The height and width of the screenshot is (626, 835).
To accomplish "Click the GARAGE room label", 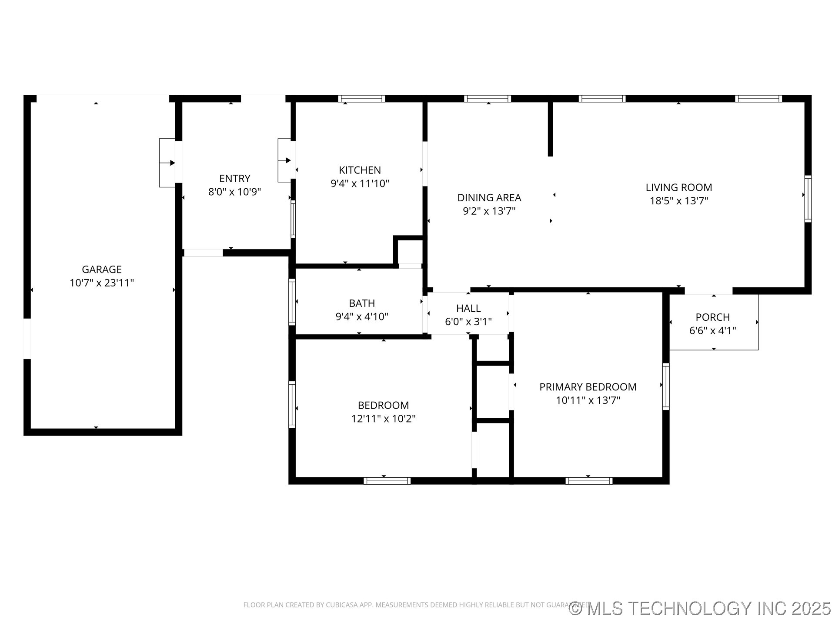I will pos(101,269).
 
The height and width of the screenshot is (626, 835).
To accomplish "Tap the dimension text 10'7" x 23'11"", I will pos(101,283).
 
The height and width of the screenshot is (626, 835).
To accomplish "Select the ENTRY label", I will pos(234,178).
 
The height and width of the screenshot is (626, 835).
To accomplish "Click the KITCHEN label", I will pos(360,170).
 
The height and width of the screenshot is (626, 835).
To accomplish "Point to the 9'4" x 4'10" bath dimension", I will pos(361,316).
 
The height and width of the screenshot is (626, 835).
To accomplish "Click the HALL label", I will pos(468,308).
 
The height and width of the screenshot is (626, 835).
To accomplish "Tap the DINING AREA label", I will pos(489,198).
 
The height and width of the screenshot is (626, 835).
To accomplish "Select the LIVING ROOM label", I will pos(678,187).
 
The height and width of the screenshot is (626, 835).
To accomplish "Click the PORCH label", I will pos(712,317).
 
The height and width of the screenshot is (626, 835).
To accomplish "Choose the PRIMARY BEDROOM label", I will pos(588,387).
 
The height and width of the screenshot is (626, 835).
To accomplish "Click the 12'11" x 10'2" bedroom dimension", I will pos(383,419).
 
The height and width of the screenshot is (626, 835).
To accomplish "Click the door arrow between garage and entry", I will pos(167,163).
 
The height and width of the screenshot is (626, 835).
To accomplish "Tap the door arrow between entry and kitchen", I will pos(285,161).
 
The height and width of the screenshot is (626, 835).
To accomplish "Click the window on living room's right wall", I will pos(808,199).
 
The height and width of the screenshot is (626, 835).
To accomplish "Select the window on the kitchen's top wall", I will pos(361,99).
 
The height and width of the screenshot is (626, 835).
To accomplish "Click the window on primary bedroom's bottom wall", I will pos(589,481).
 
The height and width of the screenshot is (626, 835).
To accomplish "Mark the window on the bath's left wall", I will pos(292,302).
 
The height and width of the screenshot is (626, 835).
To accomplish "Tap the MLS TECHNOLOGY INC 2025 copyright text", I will pos(700,608).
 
